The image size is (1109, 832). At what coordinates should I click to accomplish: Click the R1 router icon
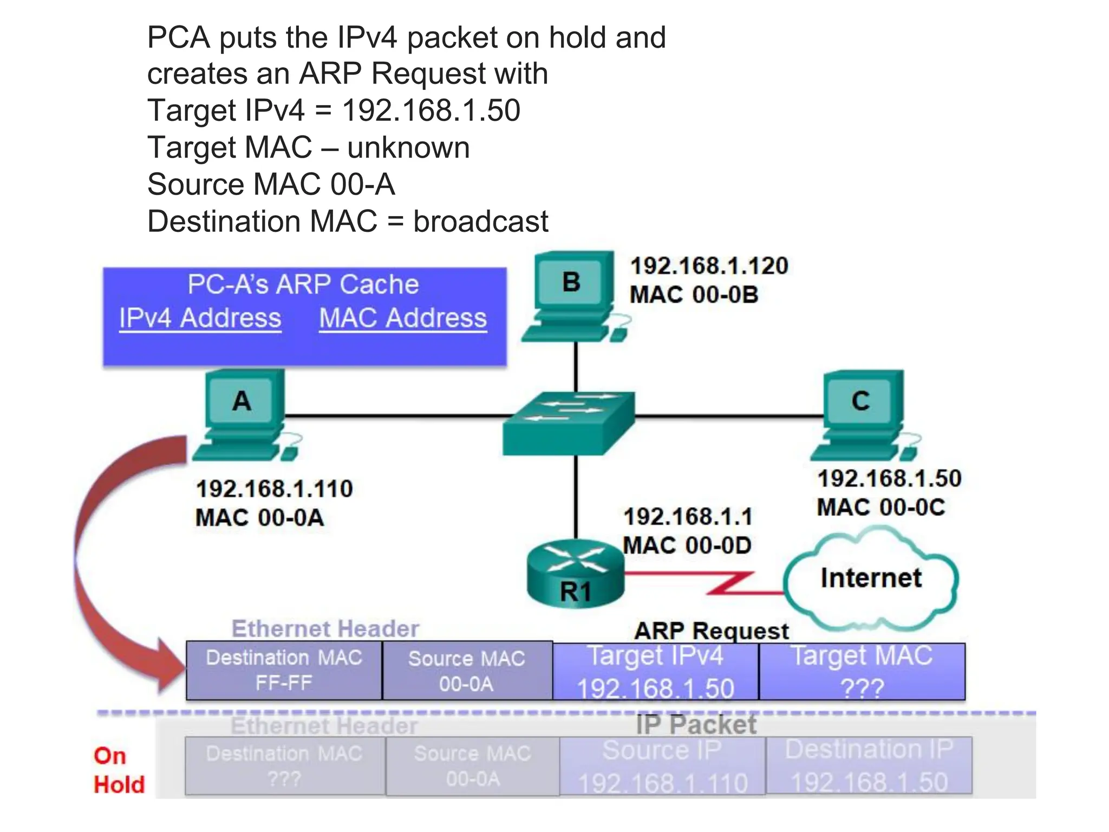click(x=575, y=574)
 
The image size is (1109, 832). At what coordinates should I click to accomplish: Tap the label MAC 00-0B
click(x=694, y=295)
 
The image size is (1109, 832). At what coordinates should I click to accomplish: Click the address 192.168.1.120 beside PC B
click(x=709, y=266)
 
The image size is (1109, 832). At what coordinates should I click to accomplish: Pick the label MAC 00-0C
click(x=880, y=508)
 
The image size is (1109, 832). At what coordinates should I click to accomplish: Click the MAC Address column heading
click(x=402, y=318)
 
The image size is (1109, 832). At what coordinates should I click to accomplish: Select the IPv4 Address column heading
click(x=200, y=318)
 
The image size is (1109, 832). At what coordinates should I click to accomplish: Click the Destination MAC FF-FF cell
click(x=284, y=671)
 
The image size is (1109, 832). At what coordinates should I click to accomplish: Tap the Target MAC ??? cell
click(x=862, y=672)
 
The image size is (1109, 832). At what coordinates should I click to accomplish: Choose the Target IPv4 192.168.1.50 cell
click(x=655, y=672)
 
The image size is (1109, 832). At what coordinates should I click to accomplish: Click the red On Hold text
click(x=119, y=770)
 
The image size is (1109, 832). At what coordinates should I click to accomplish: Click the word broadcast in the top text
click(x=480, y=222)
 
